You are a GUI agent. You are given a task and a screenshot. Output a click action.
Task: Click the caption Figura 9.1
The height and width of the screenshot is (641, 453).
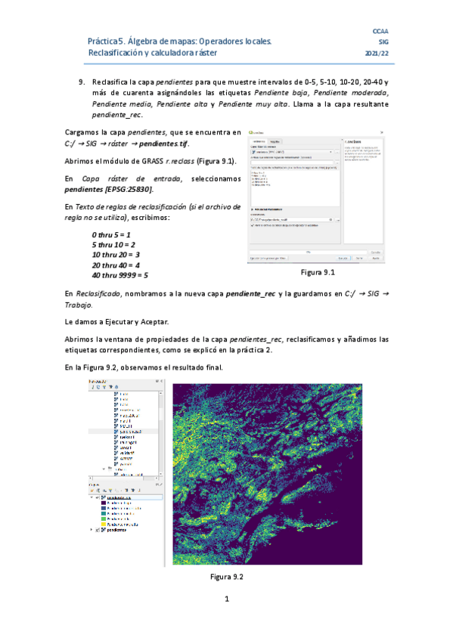tap(317, 272)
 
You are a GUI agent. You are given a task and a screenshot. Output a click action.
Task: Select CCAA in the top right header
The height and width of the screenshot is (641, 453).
tap(380, 29)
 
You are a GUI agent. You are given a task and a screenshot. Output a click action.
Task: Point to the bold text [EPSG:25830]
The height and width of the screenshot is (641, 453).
tap(129, 188)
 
